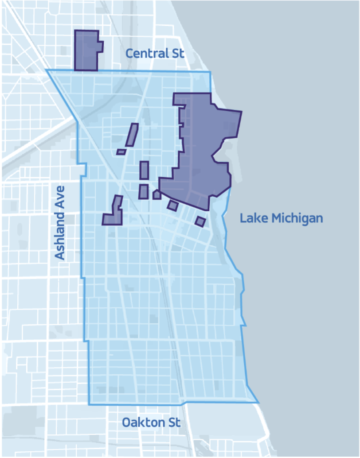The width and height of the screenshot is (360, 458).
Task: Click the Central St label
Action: pos(154,54)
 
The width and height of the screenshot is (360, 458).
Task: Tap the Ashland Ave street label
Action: pos(60,223)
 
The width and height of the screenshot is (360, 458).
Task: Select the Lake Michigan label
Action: pos(281,218)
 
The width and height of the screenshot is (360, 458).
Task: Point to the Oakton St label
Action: pos(151,423)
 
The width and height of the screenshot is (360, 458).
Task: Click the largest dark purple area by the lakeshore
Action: pos(204,146)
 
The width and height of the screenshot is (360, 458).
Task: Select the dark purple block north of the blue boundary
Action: pos(86,50)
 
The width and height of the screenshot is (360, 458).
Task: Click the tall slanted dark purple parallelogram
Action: pos(132,135)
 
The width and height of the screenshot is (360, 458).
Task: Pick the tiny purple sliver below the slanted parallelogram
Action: pos(121,152)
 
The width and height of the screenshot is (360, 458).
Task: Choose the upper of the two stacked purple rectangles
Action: pos(144,170)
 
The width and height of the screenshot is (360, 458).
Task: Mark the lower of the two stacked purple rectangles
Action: pos(143,192)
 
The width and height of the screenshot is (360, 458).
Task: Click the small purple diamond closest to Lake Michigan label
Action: pos(200,221)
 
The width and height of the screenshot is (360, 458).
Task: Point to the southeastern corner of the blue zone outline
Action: pos(258,402)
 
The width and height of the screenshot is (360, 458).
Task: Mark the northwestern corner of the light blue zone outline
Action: pos(47,70)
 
